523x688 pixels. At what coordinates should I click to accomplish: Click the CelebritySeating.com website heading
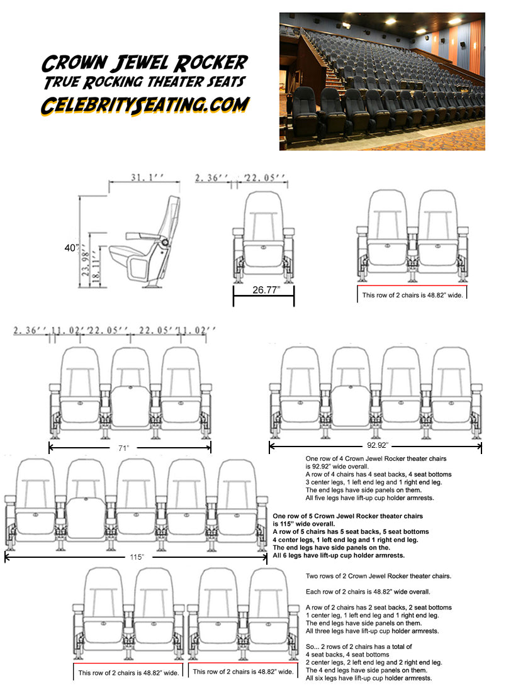[145, 105]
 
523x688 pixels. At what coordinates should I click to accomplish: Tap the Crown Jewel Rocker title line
[145, 64]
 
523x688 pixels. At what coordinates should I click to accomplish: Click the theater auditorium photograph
[382, 81]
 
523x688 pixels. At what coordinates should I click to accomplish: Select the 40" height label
[72, 248]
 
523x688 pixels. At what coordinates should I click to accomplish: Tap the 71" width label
[123, 448]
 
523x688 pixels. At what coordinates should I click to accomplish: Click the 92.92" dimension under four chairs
[376, 446]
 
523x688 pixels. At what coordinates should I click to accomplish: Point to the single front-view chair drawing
[263, 239]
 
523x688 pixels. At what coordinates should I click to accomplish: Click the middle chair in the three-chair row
[130, 390]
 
